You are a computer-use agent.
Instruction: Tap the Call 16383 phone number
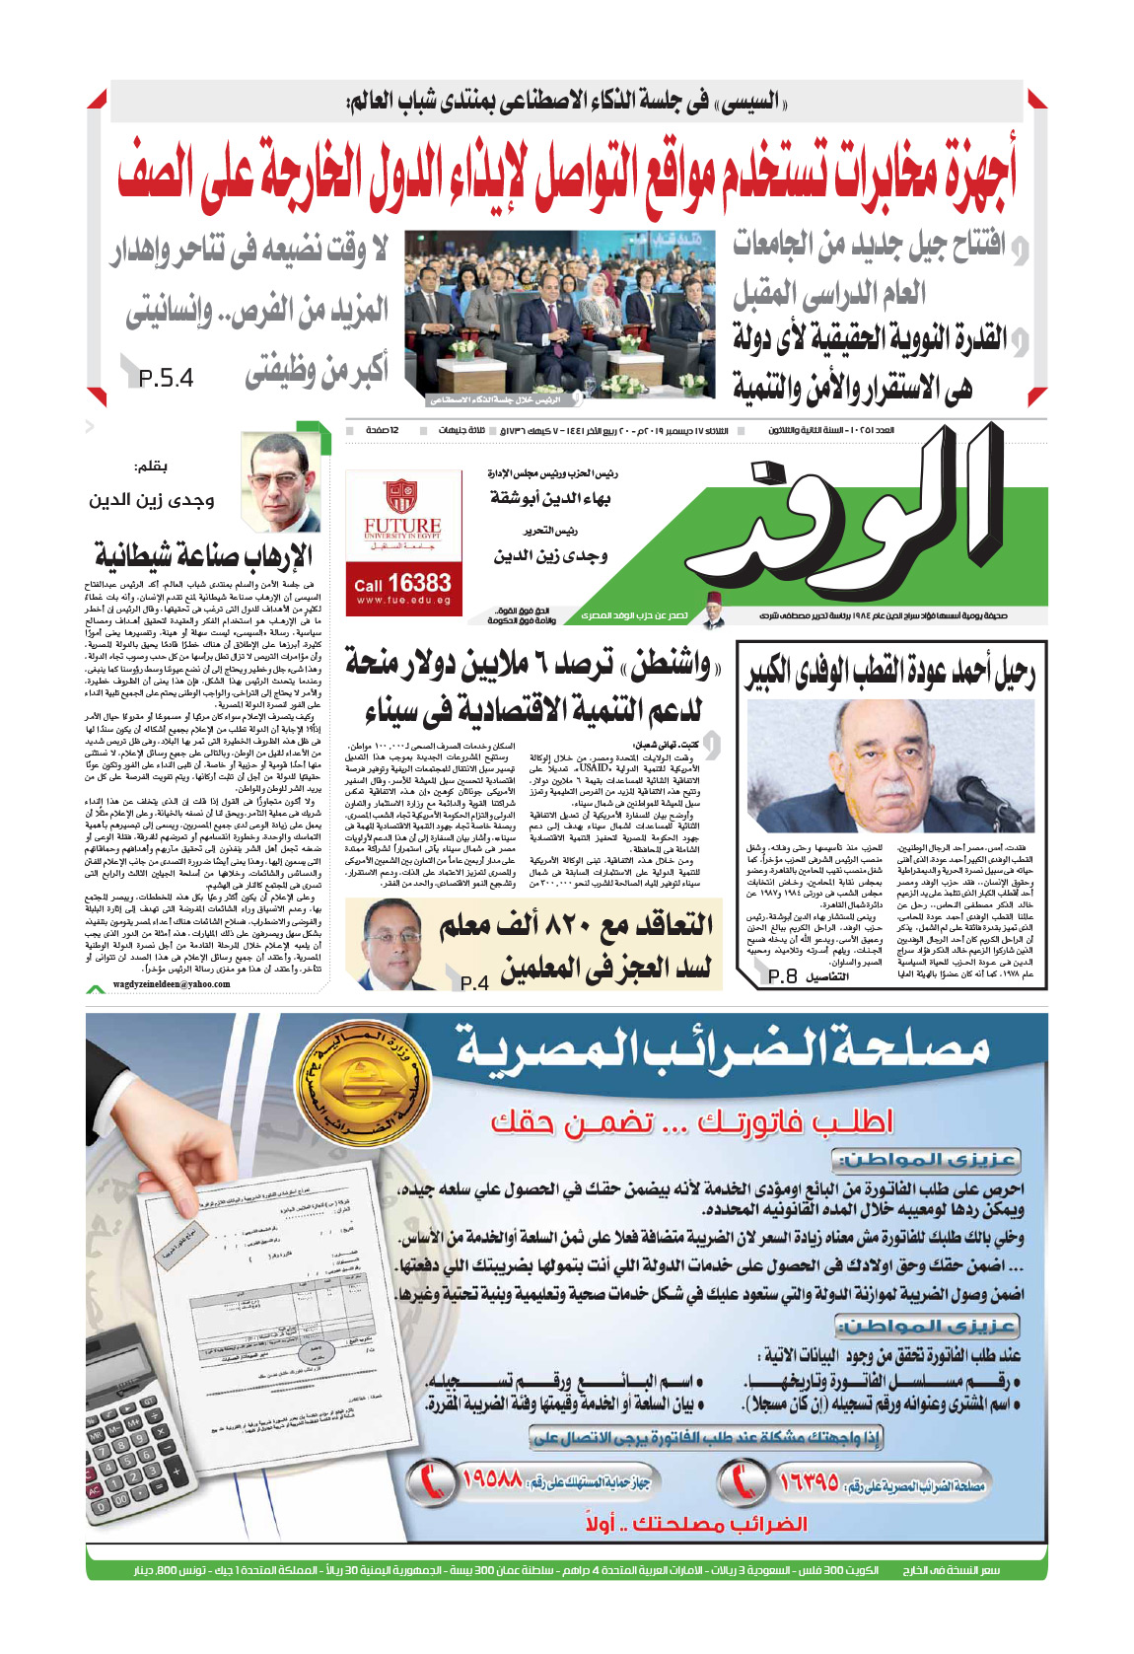tap(403, 584)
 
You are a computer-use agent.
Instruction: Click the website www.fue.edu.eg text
tap(403, 601)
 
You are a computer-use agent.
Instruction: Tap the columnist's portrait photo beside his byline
tap(282, 483)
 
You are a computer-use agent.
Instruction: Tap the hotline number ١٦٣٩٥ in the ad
tap(809, 1481)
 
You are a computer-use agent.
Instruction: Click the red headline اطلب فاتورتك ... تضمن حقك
tap(691, 1121)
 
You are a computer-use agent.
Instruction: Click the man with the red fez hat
tap(714, 611)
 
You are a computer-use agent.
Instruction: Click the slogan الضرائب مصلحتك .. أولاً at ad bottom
tap(695, 1524)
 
